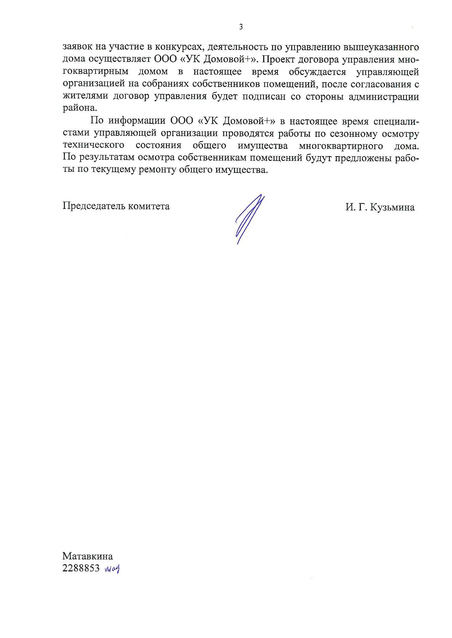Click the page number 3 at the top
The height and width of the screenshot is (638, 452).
click(241, 27)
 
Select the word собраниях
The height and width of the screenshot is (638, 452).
click(153, 84)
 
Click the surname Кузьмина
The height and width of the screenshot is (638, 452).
click(392, 207)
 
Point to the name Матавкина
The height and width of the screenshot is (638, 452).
click(87, 556)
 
